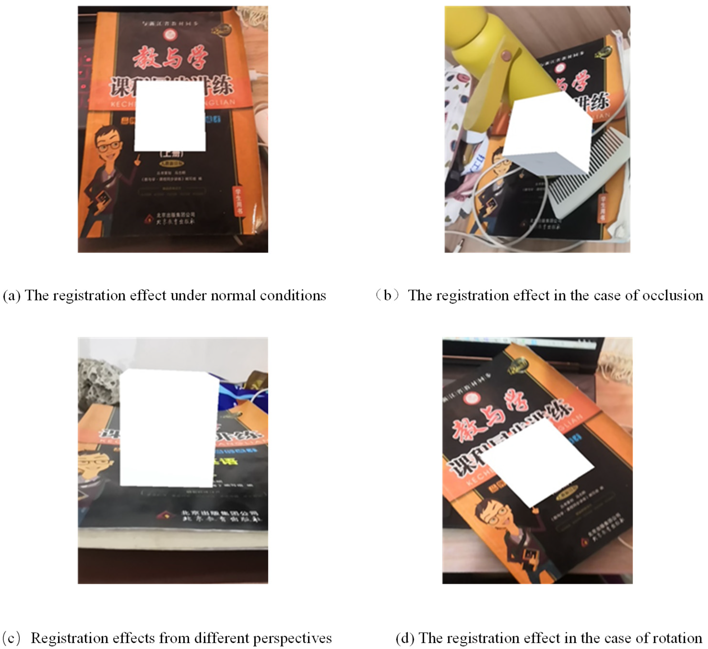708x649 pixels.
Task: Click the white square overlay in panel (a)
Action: click(x=170, y=116)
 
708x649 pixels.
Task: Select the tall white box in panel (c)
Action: click(x=168, y=428)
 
